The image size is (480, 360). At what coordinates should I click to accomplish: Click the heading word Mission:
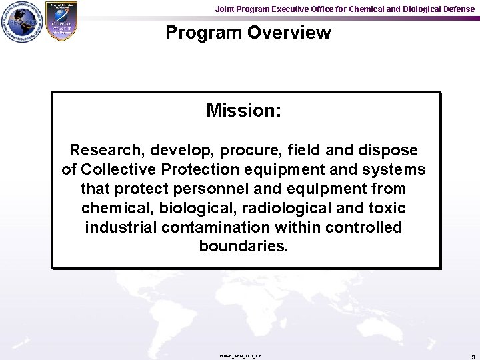pyautogui.click(x=243, y=111)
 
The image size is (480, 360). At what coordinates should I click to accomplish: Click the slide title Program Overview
pyautogui.click(x=248, y=33)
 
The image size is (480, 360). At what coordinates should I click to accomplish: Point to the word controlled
pyautogui.click(x=364, y=227)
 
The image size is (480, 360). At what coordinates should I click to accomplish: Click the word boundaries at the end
pyautogui.click(x=243, y=247)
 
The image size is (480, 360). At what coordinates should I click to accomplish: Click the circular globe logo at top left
pyautogui.click(x=20, y=22)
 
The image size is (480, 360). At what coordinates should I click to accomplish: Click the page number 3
pyautogui.click(x=473, y=357)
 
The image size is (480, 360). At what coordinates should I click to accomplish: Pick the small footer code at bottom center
pyautogui.click(x=239, y=356)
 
